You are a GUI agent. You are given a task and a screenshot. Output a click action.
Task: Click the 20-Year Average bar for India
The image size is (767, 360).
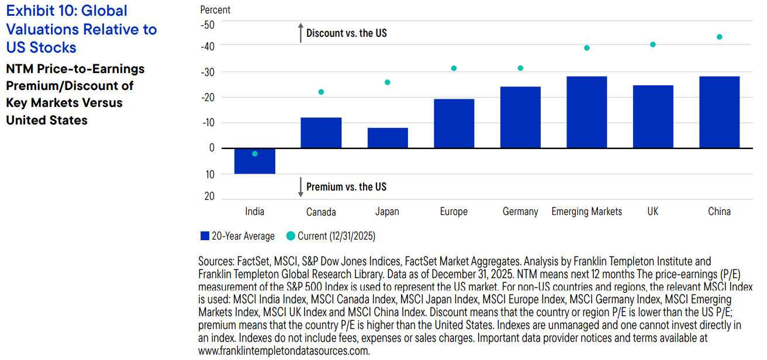(x=255, y=164)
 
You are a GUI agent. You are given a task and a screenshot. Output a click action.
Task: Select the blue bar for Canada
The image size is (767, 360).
(x=321, y=133)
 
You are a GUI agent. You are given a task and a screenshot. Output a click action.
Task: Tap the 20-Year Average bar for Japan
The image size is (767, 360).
(x=388, y=139)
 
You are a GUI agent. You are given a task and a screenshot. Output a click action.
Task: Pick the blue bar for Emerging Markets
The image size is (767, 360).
(x=586, y=112)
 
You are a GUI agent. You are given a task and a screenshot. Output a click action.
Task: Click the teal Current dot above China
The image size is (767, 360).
(x=719, y=37)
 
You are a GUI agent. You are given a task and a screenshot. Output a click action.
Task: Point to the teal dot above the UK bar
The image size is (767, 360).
(x=653, y=44)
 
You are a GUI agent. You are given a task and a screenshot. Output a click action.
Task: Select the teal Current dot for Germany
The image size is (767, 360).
(x=520, y=68)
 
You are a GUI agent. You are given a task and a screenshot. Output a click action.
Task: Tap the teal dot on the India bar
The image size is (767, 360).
(x=255, y=154)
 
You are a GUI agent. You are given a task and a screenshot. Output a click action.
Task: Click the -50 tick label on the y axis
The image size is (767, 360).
(x=208, y=25)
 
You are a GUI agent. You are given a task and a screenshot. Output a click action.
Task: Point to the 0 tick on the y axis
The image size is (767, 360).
(x=212, y=148)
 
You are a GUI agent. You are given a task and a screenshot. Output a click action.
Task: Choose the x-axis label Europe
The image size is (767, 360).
(x=454, y=212)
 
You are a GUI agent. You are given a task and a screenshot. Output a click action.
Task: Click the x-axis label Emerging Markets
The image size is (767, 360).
(x=586, y=212)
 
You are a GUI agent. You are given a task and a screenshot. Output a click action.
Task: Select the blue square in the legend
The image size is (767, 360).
(x=205, y=236)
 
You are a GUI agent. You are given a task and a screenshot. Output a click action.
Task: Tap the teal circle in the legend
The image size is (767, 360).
(x=291, y=236)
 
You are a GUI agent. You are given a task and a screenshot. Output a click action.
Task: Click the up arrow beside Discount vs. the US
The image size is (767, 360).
(x=300, y=33)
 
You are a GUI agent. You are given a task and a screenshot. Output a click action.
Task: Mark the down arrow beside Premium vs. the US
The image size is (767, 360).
(x=300, y=187)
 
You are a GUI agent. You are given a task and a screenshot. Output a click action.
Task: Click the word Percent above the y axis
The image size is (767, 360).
(x=215, y=10)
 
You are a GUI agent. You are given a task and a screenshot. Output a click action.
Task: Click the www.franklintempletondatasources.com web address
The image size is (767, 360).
(x=284, y=351)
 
